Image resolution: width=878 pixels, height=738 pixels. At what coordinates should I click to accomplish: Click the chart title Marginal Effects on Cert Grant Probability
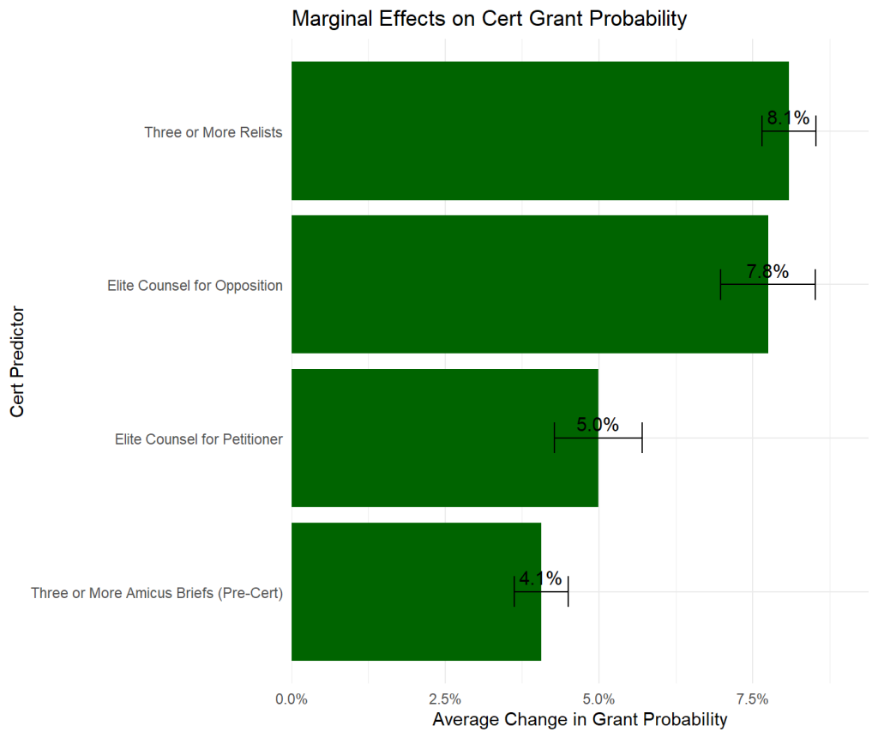click(489, 19)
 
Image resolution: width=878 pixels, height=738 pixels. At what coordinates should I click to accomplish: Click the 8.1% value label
click(788, 118)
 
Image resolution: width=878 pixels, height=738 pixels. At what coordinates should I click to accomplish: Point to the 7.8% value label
click(767, 272)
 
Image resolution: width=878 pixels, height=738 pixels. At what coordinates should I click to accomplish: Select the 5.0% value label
click(598, 426)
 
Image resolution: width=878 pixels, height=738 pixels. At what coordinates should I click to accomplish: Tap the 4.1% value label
click(541, 579)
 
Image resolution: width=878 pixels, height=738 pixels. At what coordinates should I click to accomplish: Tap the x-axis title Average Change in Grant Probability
click(580, 719)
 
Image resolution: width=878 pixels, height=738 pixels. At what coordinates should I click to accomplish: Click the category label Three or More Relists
click(213, 132)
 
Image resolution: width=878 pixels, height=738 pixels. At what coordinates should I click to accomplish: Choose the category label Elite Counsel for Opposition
click(195, 286)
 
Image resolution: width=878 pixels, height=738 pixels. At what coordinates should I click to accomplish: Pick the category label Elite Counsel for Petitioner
click(199, 439)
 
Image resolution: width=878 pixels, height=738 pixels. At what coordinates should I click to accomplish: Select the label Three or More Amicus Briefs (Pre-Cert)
click(157, 593)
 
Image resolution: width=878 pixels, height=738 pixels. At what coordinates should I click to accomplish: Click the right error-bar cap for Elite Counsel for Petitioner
click(641, 438)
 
